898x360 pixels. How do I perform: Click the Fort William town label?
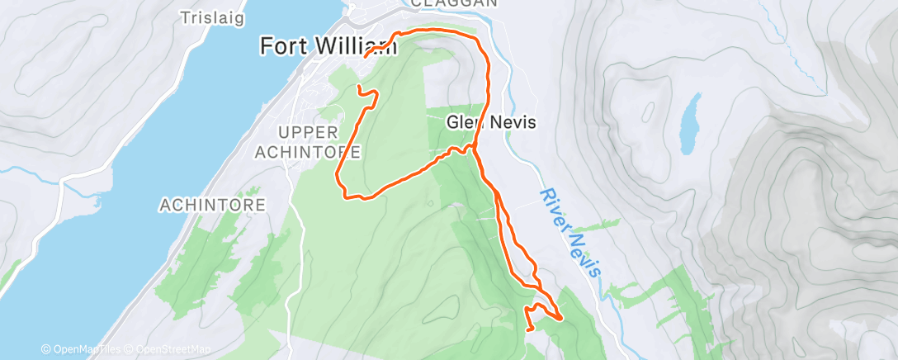tap(328, 46)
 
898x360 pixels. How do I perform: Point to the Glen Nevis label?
tap(492, 122)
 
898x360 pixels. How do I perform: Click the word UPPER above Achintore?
tap(308, 133)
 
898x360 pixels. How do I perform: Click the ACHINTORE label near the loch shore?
tap(213, 204)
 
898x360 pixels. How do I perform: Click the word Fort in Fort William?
tap(278, 46)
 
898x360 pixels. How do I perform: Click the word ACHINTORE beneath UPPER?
tap(308, 152)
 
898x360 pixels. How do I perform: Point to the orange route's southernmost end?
tap(529, 329)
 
